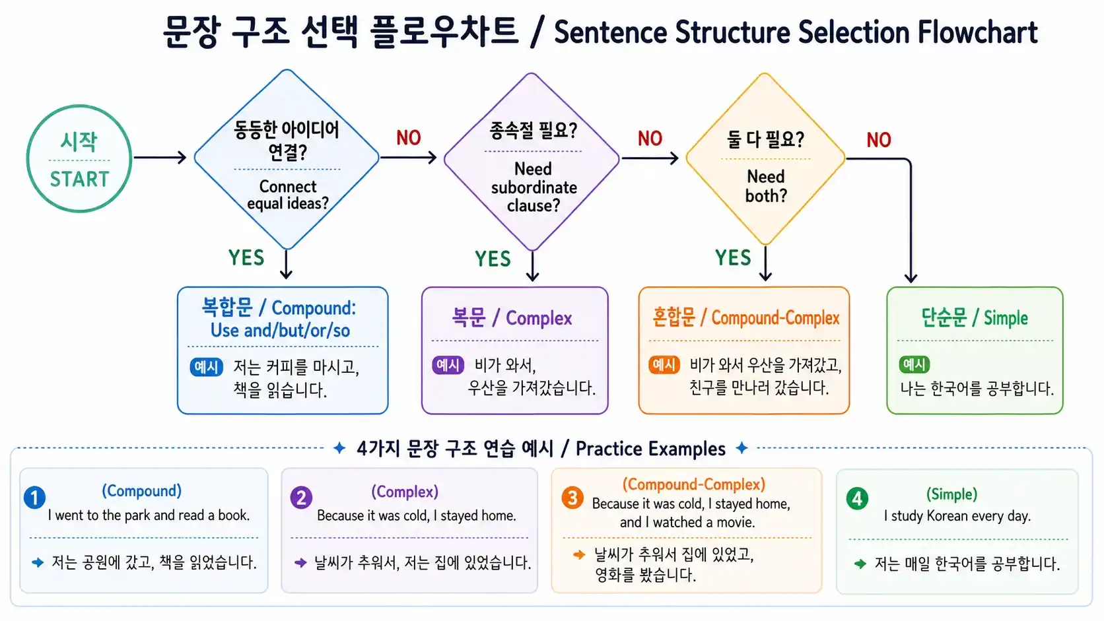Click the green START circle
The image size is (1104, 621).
point(79,159)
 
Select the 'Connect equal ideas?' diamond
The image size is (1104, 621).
point(287,159)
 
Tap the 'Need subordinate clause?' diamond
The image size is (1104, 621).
point(532,161)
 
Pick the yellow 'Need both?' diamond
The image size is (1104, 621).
point(765,160)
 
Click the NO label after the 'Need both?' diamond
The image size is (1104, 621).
point(878,140)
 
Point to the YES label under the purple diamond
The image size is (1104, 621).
point(493,259)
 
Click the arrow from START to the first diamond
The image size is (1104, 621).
point(160,158)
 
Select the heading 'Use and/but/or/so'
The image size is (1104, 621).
point(280,331)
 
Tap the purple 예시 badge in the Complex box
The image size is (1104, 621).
point(448,365)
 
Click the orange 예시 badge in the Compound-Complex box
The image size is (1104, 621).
point(664,365)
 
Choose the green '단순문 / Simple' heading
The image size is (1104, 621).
point(975,318)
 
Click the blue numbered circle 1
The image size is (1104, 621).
point(34,497)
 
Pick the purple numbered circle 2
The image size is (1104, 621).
point(301,498)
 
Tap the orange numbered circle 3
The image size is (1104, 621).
point(572,498)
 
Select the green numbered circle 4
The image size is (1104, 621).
point(857,498)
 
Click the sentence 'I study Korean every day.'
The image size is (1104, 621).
point(957,516)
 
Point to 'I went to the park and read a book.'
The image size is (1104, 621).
point(149,515)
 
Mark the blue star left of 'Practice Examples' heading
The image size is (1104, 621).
point(339,448)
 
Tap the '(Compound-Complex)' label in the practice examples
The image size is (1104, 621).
point(693,484)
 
